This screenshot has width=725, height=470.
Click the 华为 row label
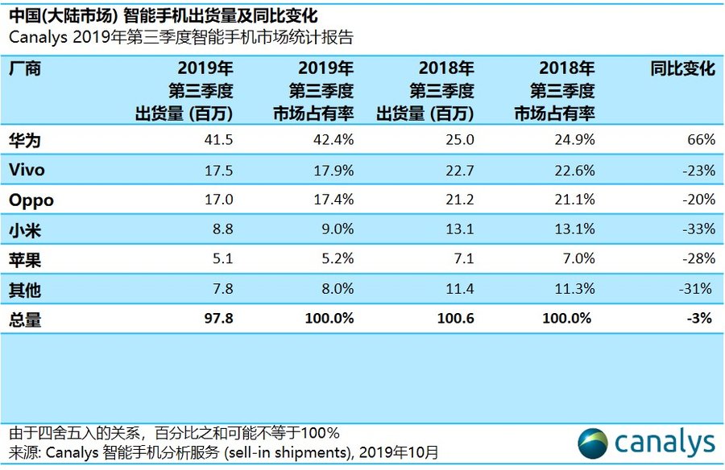click(24, 140)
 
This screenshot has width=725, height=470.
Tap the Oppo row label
click(31, 200)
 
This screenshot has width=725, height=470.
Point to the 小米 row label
click(24, 229)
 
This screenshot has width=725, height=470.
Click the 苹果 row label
click(24, 259)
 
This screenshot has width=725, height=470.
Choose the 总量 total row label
click(24, 319)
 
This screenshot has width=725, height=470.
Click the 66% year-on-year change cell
click(701, 140)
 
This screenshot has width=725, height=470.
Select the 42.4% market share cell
click(334, 140)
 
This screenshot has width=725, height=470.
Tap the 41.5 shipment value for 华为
click(218, 140)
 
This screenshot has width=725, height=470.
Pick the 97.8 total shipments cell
click(218, 319)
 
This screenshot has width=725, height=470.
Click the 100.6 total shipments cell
click(456, 319)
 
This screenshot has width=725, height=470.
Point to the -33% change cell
click(697, 229)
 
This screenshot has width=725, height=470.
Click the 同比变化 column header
click(682, 69)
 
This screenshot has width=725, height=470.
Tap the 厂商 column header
click(24, 69)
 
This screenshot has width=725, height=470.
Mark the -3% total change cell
click(700, 319)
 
